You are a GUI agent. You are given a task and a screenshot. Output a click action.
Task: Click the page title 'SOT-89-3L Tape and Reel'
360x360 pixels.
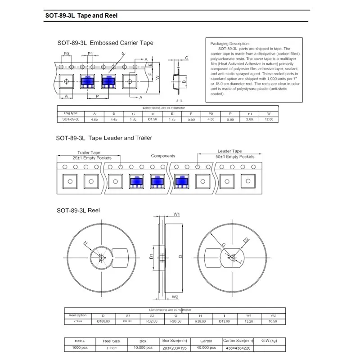click(x=81, y=15)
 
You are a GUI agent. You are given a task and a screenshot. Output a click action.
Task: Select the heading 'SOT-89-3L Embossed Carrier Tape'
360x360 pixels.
click(x=105, y=43)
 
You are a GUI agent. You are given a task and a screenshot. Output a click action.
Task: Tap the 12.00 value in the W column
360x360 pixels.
click(x=269, y=119)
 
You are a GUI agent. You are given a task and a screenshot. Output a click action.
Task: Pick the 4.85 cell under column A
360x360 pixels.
click(x=94, y=119)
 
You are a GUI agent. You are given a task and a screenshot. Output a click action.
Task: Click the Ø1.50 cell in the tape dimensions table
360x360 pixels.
click(x=152, y=119)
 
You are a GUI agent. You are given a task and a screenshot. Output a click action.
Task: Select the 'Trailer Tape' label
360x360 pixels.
click(x=89, y=152)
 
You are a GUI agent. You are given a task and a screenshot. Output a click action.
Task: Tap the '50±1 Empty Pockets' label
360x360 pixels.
click(x=235, y=157)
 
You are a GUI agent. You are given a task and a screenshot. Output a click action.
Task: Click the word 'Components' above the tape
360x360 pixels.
click(x=162, y=156)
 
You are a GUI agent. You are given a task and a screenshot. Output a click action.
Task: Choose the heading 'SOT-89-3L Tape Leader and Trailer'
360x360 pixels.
click(x=104, y=138)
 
